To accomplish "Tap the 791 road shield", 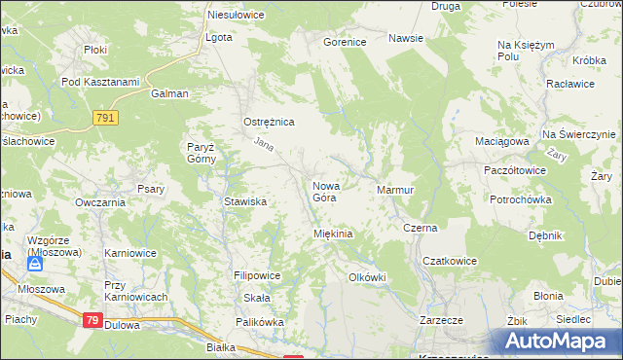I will pos(107,117).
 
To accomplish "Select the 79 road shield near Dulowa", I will pos(92,319).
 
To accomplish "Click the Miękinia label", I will pos(332,234).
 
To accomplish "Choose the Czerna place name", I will pos(421,228).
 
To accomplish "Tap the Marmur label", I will pos(395,189).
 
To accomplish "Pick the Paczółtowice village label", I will pos(515,169).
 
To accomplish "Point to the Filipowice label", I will pos(257,276).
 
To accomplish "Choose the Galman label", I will pos(169,94).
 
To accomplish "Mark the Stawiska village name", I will pos(245,202).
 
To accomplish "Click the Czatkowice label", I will pos(448,261).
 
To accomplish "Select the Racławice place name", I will pos(565,85).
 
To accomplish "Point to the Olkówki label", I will pos(368,277).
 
